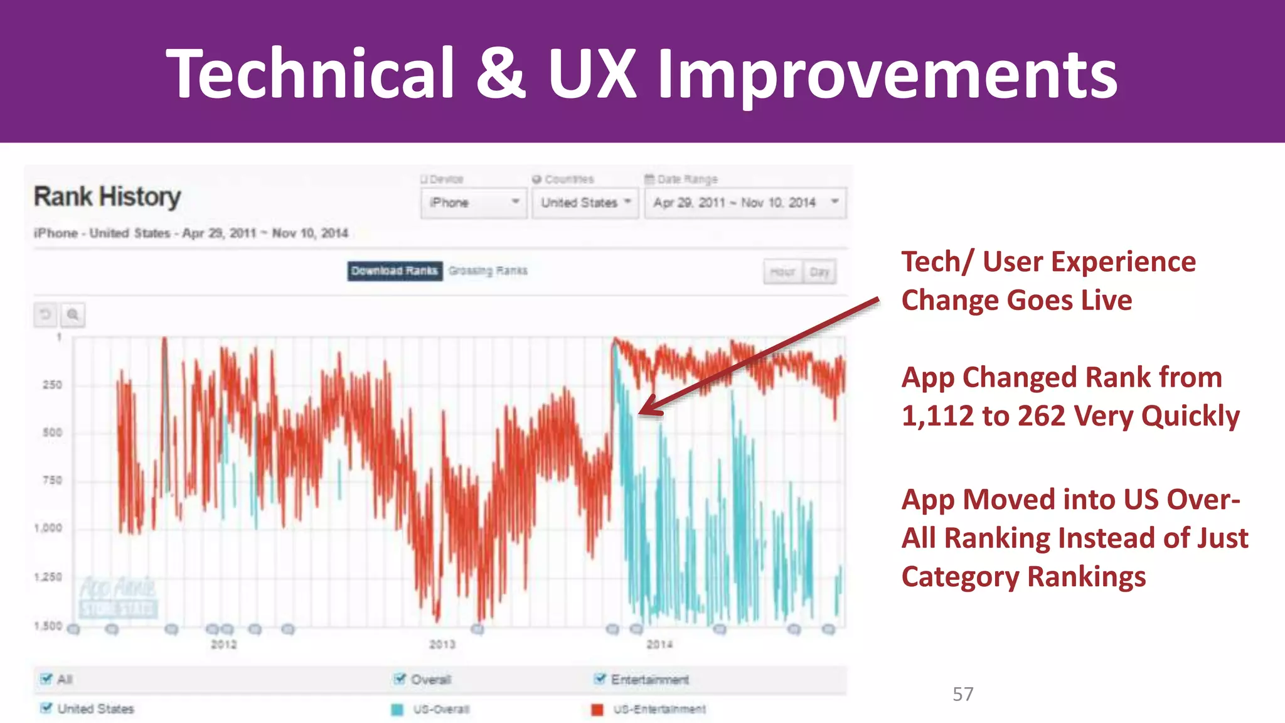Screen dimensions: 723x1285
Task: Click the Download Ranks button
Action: point(395,271)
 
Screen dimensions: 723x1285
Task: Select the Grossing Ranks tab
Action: point(488,271)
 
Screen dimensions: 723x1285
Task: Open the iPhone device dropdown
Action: point(474,203)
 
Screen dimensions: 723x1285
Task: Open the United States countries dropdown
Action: point(585,203)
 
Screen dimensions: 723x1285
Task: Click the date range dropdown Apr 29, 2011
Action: point(745,203)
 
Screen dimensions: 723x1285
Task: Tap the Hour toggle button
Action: point(782,272)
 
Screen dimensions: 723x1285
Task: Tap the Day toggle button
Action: point(819,272)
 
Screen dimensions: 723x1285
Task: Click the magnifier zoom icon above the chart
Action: point(73,314)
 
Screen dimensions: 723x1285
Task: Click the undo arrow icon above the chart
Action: point(45,314)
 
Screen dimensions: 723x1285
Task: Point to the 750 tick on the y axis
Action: point(52,481)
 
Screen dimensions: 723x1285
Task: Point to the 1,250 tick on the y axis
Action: point(48,577)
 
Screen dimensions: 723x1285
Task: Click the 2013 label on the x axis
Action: point(442,645)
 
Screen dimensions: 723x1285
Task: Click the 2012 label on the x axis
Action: point(224,645)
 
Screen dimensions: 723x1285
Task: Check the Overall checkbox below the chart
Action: point(400,678)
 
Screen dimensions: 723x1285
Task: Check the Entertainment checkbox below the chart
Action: point(600,678)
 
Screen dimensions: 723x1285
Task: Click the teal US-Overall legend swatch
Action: point(397,709)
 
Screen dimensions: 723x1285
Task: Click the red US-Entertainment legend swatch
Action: point(597,709)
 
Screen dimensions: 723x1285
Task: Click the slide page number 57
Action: point(962,694)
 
